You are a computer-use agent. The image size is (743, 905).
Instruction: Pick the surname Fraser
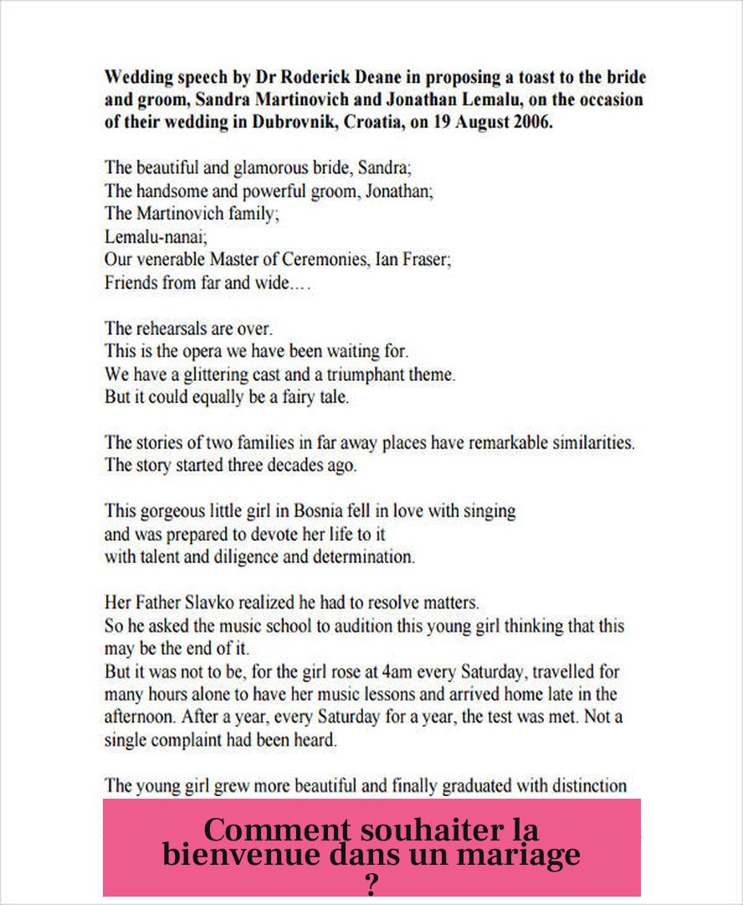[x=426, y=260]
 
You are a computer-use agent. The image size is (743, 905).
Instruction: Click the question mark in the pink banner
[x=372, y=883]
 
